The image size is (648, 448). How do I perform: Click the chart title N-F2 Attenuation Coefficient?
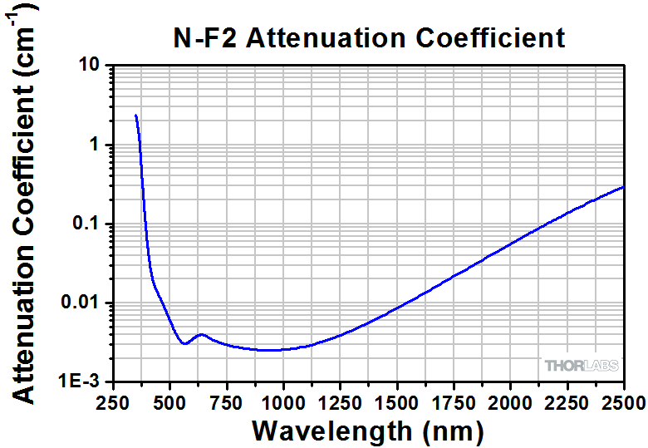coord(369,38)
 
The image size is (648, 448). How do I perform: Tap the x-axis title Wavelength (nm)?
coord(367,430)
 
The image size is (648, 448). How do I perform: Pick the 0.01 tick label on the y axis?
coord(81,303)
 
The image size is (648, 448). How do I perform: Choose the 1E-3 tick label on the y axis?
coord(80,382)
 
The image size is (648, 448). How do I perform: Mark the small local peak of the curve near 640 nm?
coord(200,334)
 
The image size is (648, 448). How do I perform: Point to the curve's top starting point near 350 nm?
coord(135,116)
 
